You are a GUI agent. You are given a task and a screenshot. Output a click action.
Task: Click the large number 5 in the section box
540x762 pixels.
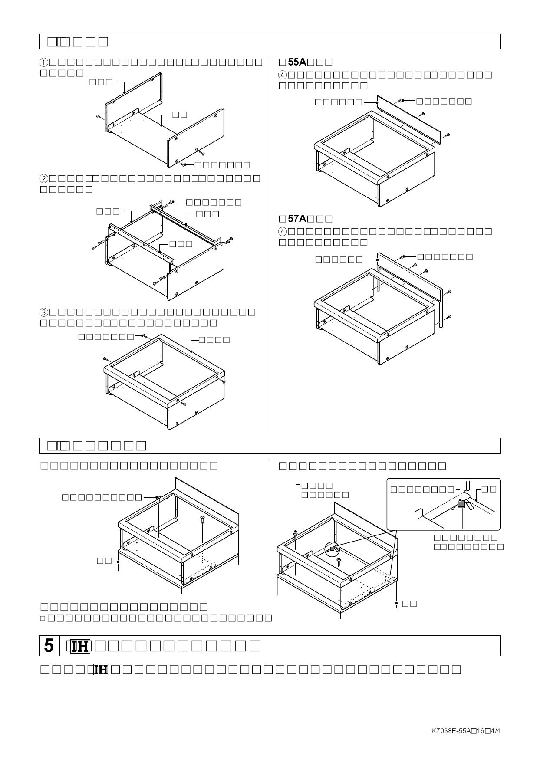tap(49, 646)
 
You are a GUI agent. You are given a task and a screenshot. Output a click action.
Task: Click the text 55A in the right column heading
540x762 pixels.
tap(297, 62)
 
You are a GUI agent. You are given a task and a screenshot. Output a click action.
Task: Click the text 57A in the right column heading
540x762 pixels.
tap(297, 218)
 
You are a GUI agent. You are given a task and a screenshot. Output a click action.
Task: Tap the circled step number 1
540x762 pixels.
tap(44, 62)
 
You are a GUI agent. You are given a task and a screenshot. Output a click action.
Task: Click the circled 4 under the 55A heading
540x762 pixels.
tap(282, 75)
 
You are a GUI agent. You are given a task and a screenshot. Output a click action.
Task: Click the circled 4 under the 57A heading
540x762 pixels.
tap(282, 231)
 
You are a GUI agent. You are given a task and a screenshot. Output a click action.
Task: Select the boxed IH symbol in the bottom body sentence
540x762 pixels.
tap(101, 670)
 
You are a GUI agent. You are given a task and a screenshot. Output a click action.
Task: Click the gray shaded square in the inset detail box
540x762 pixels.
tap(461, 504)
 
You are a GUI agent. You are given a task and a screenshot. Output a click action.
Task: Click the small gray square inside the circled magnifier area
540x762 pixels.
tap(333, 549)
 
